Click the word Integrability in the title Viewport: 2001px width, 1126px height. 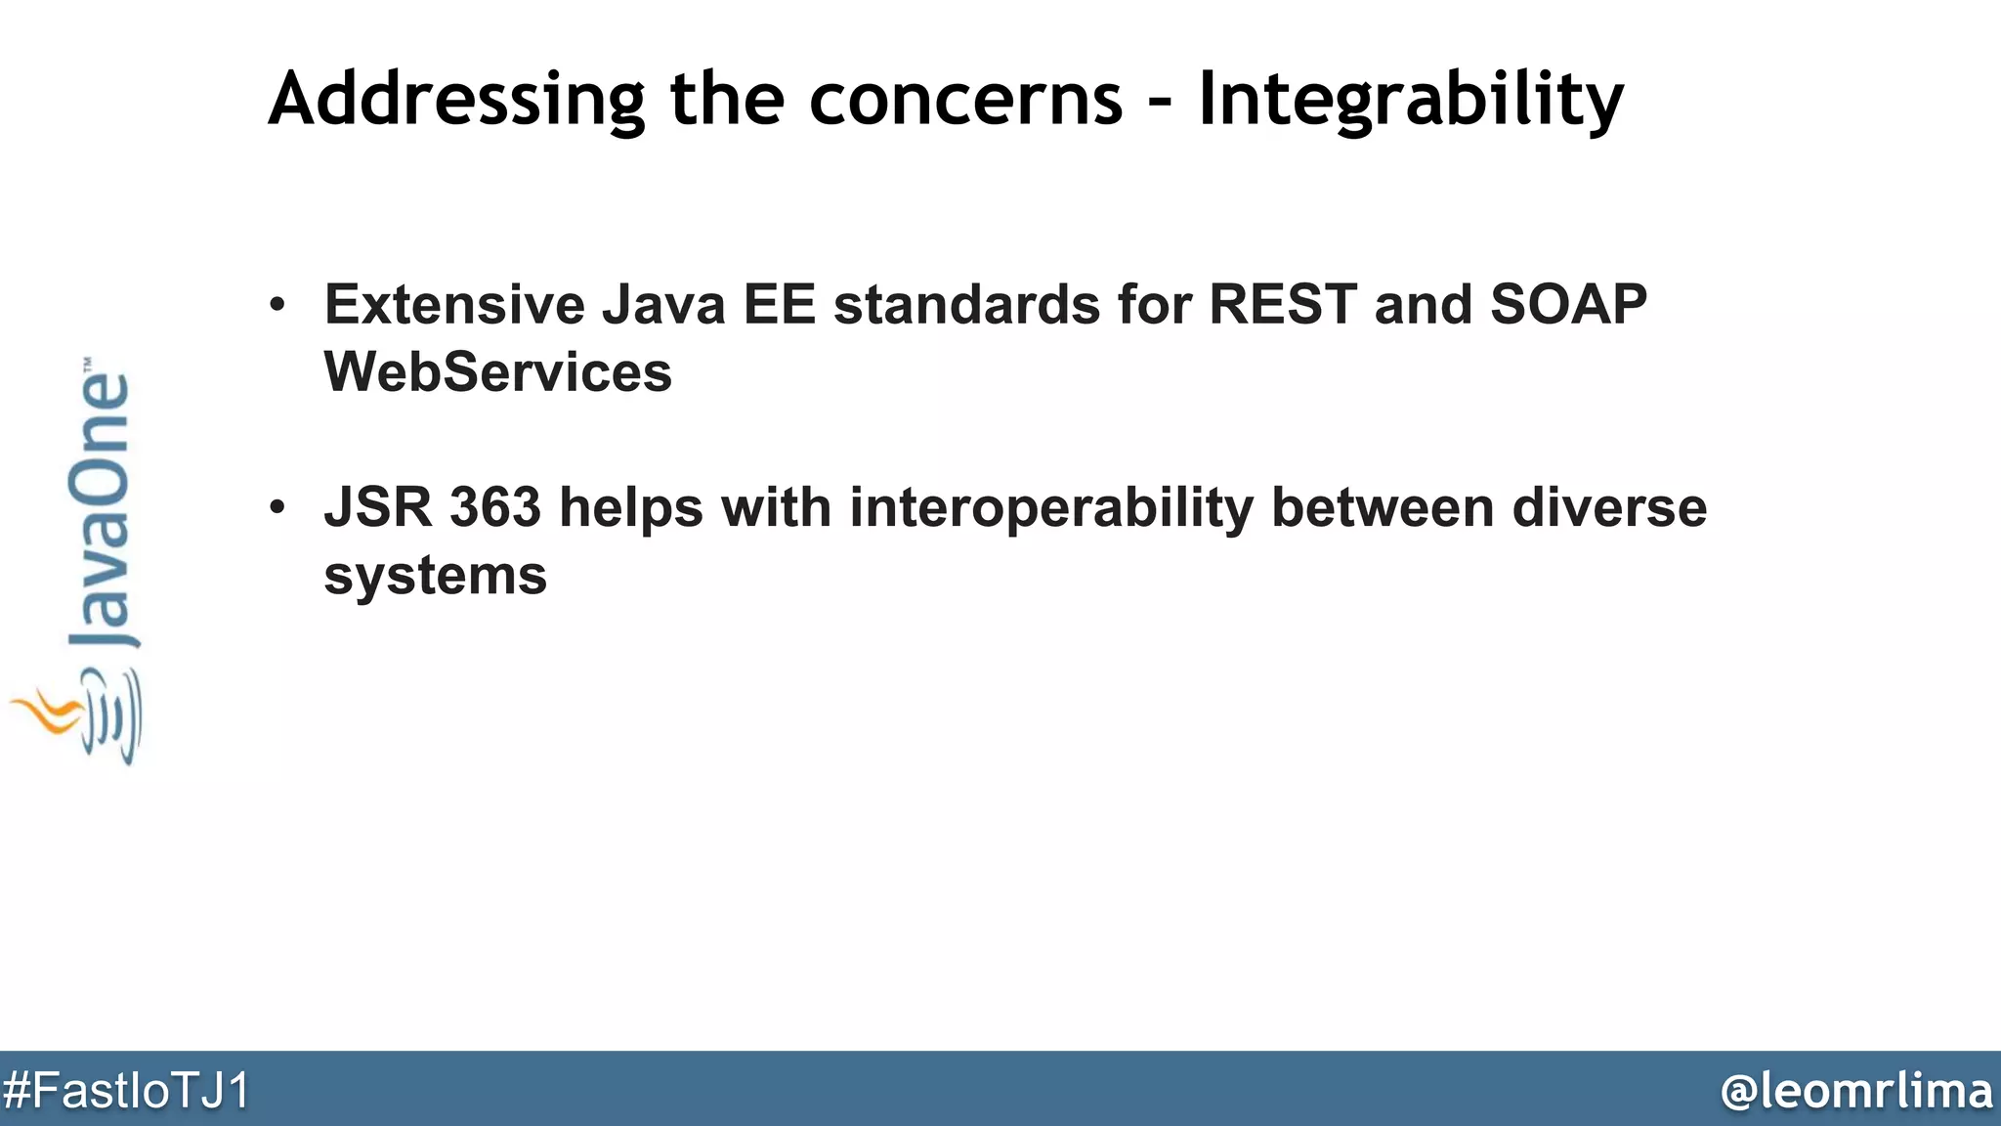tap(1410, 101)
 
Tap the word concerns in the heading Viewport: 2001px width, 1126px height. tap(966, 101)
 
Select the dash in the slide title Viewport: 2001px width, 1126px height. tap(1161, 103)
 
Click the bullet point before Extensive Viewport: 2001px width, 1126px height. tap(278, 305)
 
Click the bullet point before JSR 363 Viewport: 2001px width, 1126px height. tap(278, 508)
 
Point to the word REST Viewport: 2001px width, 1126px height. tap(1282, 304)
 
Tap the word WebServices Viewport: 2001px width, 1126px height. tap(497, 372)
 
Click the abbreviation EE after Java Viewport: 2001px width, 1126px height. tap(779, 304)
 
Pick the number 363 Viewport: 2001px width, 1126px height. tap(494, 507)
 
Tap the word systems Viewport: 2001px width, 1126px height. tap(435, 576)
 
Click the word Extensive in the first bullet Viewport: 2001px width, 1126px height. tap(454, 304)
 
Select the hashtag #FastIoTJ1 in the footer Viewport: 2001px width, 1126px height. tap(126, 1091)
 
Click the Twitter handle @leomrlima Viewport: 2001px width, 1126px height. tap(1855, 1091)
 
